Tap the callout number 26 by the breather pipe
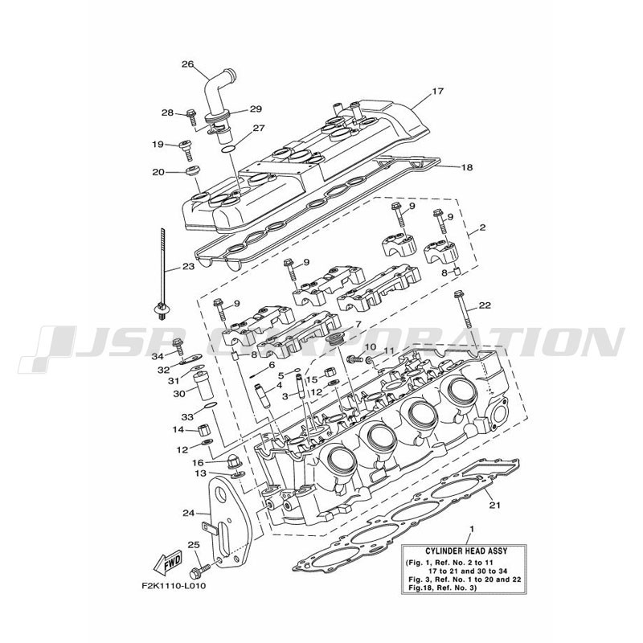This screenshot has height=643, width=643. [187, 64]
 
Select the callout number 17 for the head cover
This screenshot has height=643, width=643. [438, 91]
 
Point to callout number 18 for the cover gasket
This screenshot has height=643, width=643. [467, 167]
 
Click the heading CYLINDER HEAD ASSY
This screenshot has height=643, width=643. [464, 551]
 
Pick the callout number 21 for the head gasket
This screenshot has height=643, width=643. [495, 505]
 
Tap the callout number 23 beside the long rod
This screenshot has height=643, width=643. [188, 267]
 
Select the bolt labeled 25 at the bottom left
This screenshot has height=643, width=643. [200, 570]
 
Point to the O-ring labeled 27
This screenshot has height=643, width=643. [228, 149]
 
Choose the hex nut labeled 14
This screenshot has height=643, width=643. [204, 431]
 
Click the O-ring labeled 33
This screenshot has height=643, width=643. [210, 406]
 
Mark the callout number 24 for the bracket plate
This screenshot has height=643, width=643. [189, 513]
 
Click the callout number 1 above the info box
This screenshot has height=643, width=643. [472, 529]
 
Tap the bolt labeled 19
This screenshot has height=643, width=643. [187, 150]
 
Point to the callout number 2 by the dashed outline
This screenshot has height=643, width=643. [483, 227]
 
